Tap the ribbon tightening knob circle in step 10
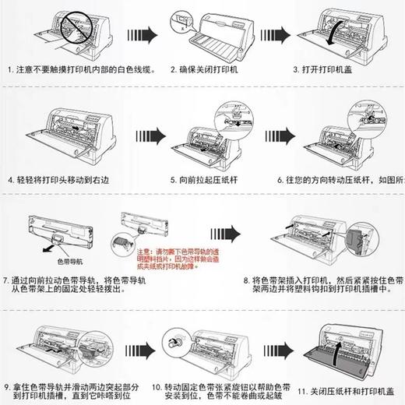(x=171, y=343)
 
